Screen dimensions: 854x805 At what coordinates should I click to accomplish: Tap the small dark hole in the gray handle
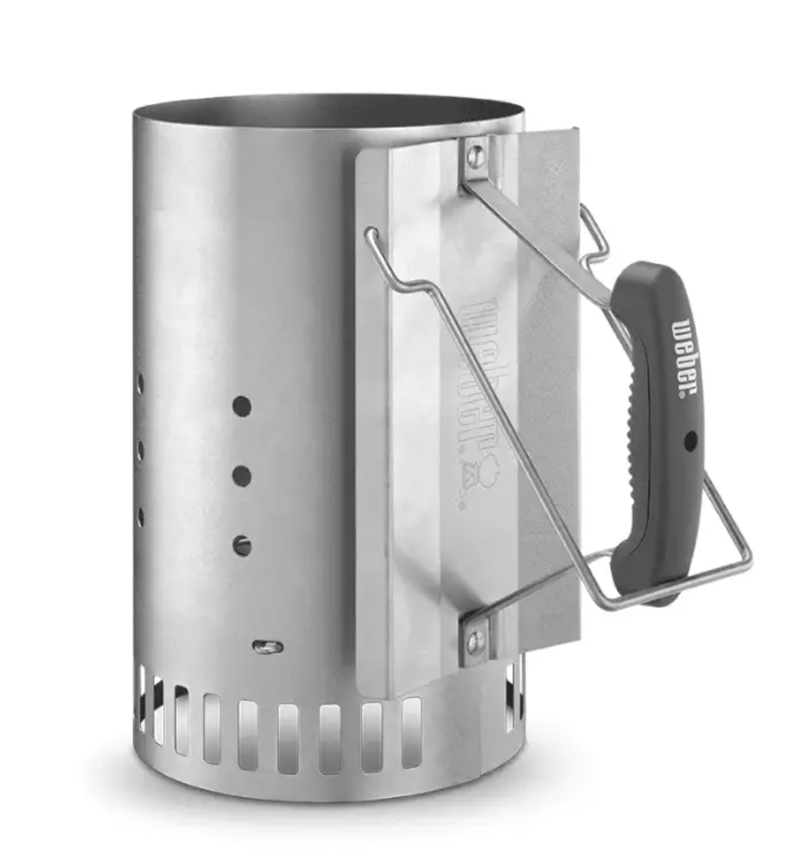click(x=690, y=440)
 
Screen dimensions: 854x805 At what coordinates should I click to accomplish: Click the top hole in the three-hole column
click(x=242, y=406)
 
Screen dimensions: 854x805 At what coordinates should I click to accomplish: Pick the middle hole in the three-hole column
click(x=242, y=476)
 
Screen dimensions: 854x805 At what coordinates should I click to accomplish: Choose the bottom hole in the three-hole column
click(x=242, y=545)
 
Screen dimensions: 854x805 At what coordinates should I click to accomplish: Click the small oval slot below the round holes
click(x=268, y=647)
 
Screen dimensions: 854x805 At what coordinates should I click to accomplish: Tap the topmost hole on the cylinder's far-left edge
click(x=141, y=383)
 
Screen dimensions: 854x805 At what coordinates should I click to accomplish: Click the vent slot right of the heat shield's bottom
click(x=511, y=692)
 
